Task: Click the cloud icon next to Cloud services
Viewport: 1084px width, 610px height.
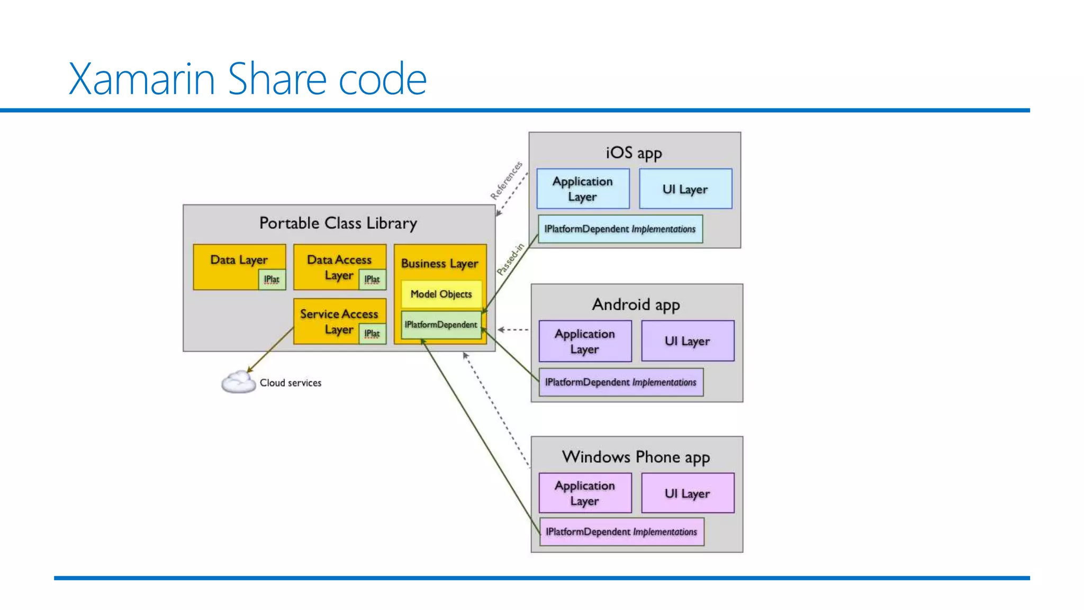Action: point(238,382)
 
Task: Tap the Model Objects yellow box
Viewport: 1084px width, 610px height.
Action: point(441,294)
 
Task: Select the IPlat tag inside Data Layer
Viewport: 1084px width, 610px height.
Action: point(272,279)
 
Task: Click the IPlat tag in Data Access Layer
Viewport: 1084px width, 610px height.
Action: point(372,279)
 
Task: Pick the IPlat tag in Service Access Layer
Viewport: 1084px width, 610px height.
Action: point(372,334)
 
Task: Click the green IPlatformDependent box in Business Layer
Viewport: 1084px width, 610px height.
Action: point(441,325)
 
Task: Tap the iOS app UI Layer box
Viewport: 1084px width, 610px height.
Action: point(685,189)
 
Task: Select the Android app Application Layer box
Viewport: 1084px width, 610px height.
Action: point(585,342)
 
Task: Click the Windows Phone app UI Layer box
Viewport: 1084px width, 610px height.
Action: point(688,494)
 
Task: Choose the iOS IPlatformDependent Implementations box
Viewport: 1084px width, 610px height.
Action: point(620,229)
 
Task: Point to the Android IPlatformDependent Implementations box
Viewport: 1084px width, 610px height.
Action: point(621,382)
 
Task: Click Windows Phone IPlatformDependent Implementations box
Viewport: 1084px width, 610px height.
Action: point(621,532)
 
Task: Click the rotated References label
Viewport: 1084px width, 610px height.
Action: point(506,181)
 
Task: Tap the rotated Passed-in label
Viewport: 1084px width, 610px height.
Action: point(510,259)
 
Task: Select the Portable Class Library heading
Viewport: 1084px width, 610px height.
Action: point(338,223)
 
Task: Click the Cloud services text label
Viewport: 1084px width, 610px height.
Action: point(290,383)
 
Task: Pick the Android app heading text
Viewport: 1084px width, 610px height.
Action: point(636,305)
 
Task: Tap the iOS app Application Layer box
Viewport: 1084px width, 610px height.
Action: point(583,189)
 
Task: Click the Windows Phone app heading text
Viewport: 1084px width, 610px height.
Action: point(636,457)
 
